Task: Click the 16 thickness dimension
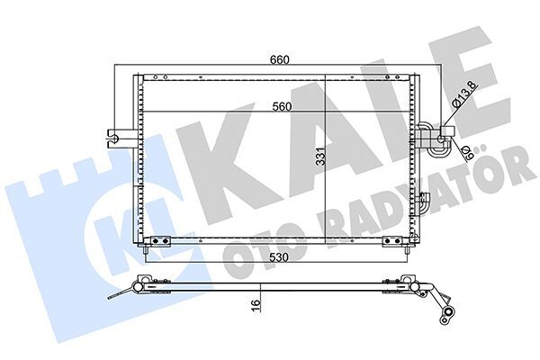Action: [256, 304]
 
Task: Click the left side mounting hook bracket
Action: [114, 137]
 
